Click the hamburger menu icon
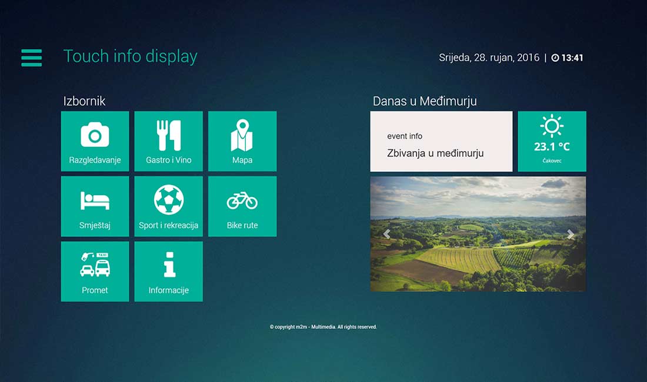click(x=31, y=58)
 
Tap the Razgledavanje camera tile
click(x=95, y=141)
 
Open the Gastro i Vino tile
click(x=168, y=141)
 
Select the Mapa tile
click(x=242, y=141)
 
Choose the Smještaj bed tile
click(x=95, y=206)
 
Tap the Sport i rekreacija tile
click(x=168, y=206)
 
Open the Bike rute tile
click(x=242, y=206)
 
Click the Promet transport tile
click(x=95, y=272)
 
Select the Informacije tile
click(x=168, y=272)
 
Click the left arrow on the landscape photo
click(x=386, y=234)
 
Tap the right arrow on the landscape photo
click(x=571, y=234)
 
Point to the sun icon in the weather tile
click(x=552, y=126)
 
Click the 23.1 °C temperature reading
click(x=552, y=147)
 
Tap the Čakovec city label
click(x=552, y=160)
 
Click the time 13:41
click(x=572, y=58)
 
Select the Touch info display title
click(x=131, y=56)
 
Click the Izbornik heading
click(x=84, y=101)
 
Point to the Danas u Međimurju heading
click(x=425, y=101)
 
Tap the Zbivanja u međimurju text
click(x=435, y=153)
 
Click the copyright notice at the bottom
click(x=323, y=327)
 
